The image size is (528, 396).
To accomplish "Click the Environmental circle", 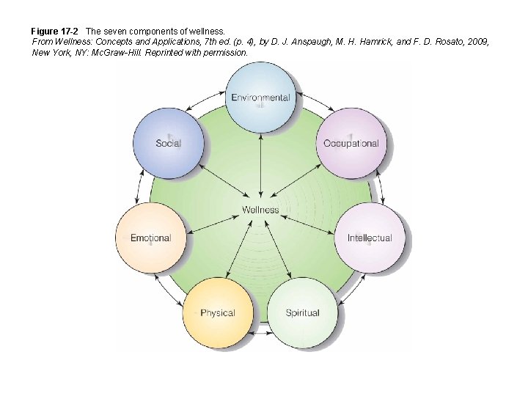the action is point(260,98).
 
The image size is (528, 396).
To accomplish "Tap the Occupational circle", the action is point(351,143).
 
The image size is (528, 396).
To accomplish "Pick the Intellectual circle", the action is point(370,238).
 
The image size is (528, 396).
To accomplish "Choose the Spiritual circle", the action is point(302,312).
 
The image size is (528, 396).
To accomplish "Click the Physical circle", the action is point(217,312).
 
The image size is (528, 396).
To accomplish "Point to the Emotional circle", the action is point(150,238).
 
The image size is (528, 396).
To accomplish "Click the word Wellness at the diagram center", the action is point(260,210).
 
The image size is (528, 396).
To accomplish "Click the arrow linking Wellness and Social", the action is point(220,180).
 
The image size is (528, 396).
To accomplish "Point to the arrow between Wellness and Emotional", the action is point(213,221).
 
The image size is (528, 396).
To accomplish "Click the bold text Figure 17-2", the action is point(54,32).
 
